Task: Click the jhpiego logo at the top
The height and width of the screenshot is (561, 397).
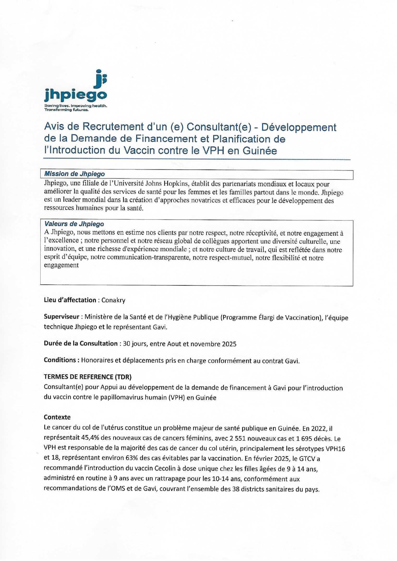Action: point(75,90)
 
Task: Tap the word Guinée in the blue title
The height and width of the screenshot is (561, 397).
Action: point(260,150)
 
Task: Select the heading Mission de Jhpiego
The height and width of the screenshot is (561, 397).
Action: point(74,174)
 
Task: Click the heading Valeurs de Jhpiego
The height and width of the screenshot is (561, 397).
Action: point(74,224)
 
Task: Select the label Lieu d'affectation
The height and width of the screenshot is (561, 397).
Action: point(70,300)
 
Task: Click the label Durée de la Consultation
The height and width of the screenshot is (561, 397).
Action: point(81,344)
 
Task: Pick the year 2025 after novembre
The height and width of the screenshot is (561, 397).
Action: point(229,344)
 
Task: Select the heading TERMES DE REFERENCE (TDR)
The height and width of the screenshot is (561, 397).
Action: point(88,377)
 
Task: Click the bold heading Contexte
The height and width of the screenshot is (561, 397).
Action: point(57,417)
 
